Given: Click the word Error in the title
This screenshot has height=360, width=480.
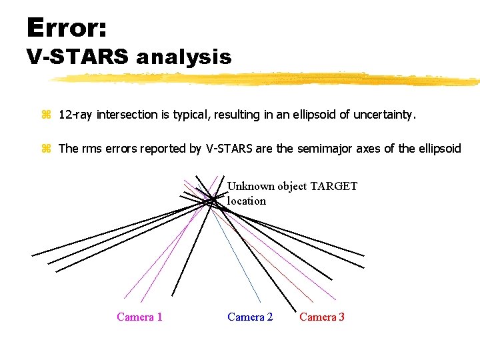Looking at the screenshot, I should point(66,28).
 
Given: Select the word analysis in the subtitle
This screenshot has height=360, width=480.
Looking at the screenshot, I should point(184,58).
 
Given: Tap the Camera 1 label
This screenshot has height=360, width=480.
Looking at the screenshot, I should point(139,317).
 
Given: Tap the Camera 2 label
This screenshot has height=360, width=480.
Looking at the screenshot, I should point(250,317).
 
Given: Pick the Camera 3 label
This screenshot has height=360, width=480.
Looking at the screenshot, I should point(322,317).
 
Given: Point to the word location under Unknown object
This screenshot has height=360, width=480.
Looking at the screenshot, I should point(246,201).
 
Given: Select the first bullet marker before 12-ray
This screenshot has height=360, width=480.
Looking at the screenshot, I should point(46,115).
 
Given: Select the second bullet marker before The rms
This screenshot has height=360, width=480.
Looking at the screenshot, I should point(46,149).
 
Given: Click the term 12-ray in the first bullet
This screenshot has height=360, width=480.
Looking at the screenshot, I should point(76,115).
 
